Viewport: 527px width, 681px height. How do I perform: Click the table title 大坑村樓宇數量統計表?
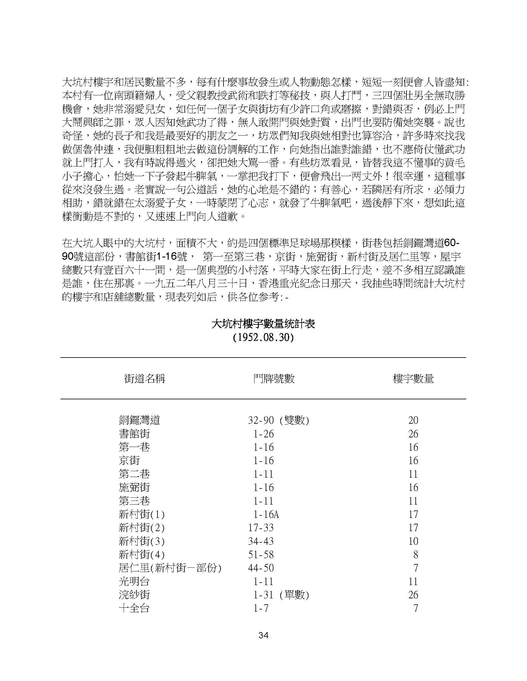tap(263, 324)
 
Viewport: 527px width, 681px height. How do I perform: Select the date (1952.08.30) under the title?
tap(263, 338)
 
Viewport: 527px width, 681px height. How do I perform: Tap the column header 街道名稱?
tap(144, 379)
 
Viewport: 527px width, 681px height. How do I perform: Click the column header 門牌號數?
tap(274, 379)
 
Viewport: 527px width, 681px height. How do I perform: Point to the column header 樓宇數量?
tap(413, 379)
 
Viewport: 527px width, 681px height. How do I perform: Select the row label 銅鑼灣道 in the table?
tap(139, 420)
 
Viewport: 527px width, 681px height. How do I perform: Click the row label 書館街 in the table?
tap(134, 434)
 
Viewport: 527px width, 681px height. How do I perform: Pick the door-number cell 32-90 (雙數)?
tap(278, 420)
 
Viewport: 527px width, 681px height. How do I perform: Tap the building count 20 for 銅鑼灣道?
tap(413, 420)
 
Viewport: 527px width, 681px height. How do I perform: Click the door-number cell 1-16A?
tap(266, 514)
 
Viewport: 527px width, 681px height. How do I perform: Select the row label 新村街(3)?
tap(141, 541)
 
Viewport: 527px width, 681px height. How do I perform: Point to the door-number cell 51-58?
tap(261, 555)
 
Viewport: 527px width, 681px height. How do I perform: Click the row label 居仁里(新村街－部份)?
tap(170, 568)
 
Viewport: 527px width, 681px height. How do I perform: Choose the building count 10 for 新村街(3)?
tap(413, 541)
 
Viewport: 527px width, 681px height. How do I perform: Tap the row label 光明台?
tap(134, 582)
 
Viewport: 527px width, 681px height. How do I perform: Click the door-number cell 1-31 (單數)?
tap(281, 595)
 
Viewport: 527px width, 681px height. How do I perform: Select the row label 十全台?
tap(134, 608)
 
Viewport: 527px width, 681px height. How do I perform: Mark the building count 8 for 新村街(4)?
tap(415, 555)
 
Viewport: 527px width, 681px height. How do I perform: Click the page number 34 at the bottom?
tap(263, 635)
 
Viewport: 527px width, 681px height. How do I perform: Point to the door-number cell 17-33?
tap(261, 528)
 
